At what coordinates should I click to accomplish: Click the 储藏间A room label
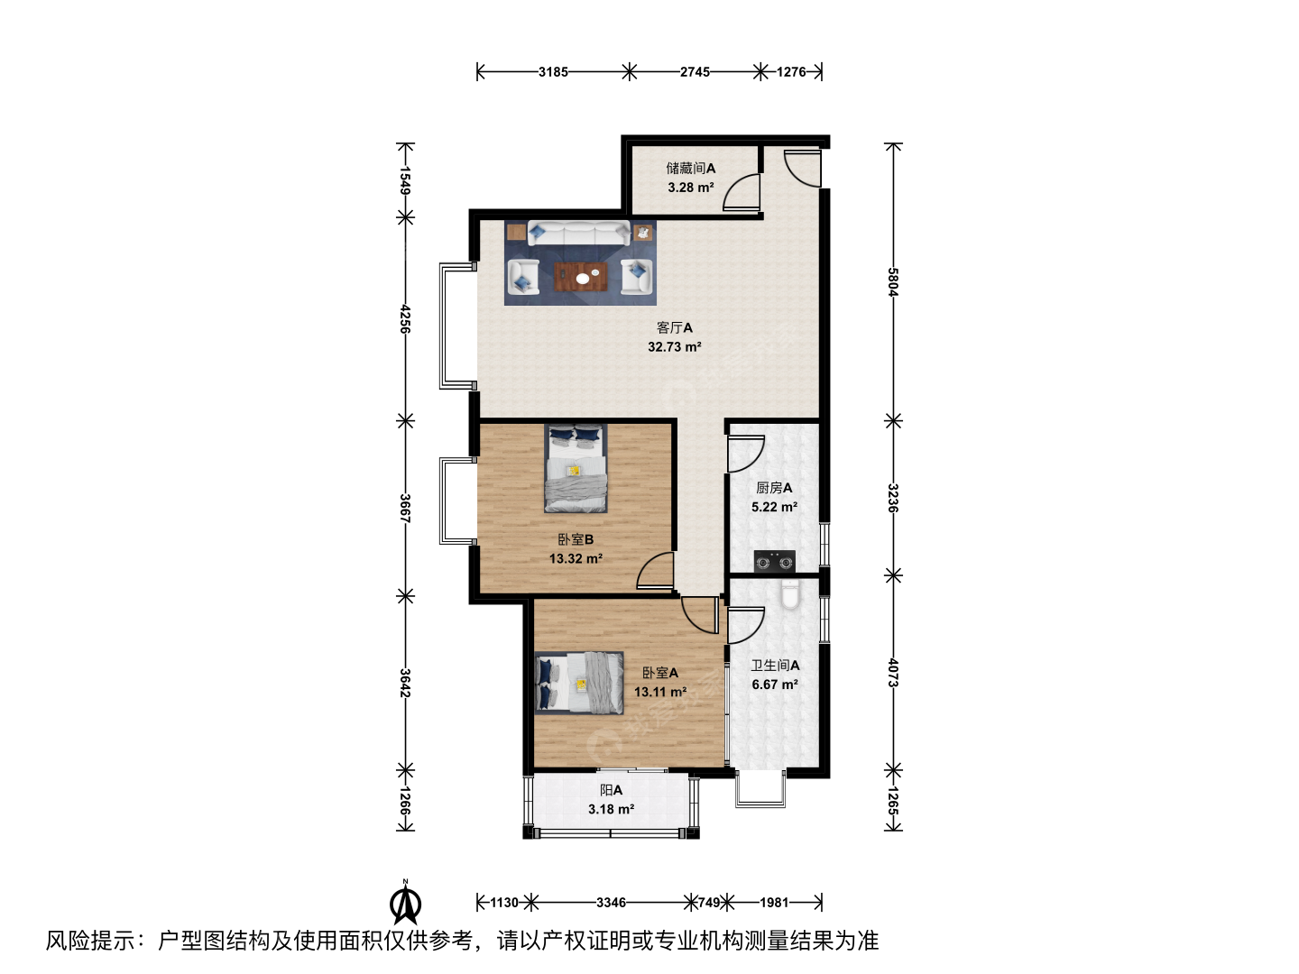coord(691,169)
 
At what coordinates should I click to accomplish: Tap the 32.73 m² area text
coord(674,347)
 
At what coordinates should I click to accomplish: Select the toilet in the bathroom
coord(790,594)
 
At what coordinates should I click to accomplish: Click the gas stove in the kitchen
coord(775,561)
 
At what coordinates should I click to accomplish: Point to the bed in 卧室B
coord(576,468)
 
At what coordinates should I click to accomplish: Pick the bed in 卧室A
coord(579,683)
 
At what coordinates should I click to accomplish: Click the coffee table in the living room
coord(581,277)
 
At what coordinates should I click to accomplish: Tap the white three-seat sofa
coord(579,233)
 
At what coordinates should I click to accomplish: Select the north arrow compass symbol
coord(405,902)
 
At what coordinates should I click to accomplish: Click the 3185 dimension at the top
coord(553,72)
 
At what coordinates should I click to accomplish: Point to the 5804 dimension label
coord(893,282)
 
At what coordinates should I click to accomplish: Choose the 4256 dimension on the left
coord(405,318)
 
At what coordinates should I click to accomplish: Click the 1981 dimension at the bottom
coord(774,903)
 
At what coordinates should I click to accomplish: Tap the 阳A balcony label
coord(612,790)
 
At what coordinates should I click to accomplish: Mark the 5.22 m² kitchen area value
coord(774,508)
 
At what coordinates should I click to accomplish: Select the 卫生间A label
coord(775,666)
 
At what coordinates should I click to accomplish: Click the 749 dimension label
coord(709,903)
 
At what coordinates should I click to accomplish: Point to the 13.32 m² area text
coord(576,559)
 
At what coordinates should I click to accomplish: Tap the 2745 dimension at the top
coord(695,72)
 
